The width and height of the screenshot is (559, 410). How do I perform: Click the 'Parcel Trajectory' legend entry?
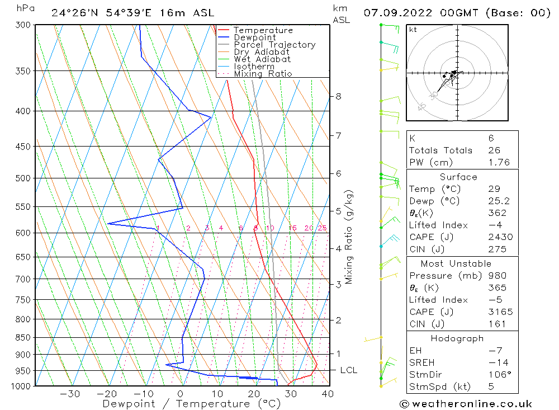[274, 45]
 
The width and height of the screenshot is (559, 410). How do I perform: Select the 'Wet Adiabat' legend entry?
[262, 59]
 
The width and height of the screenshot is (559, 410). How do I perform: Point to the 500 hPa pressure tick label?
[22, 178]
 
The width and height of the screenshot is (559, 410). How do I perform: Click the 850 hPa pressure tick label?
[22, 338]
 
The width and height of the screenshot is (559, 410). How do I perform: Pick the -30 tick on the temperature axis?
[70, 394]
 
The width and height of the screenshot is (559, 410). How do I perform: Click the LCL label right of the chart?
[348, 370]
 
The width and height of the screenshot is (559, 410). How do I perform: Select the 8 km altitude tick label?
[338, 96]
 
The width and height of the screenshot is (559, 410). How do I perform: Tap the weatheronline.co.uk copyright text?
[465, 403]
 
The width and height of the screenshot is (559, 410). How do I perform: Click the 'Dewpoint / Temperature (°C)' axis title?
[191, 403]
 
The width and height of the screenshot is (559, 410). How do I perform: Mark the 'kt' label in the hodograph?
[413, 30]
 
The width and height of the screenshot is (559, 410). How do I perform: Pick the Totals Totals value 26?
[494, 150]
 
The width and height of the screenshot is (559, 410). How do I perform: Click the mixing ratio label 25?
[322, 228]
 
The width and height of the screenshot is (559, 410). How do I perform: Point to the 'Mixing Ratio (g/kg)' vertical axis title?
[349, 237]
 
